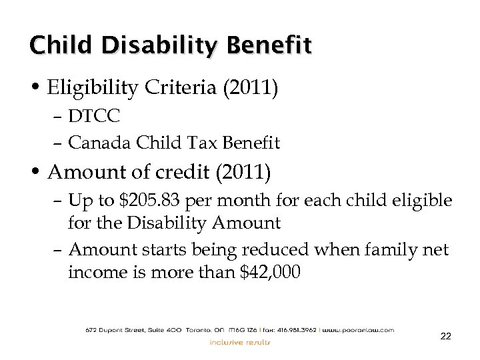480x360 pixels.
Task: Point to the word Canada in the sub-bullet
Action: click(93, 141)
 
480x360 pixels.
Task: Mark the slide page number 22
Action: click(445, 337)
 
